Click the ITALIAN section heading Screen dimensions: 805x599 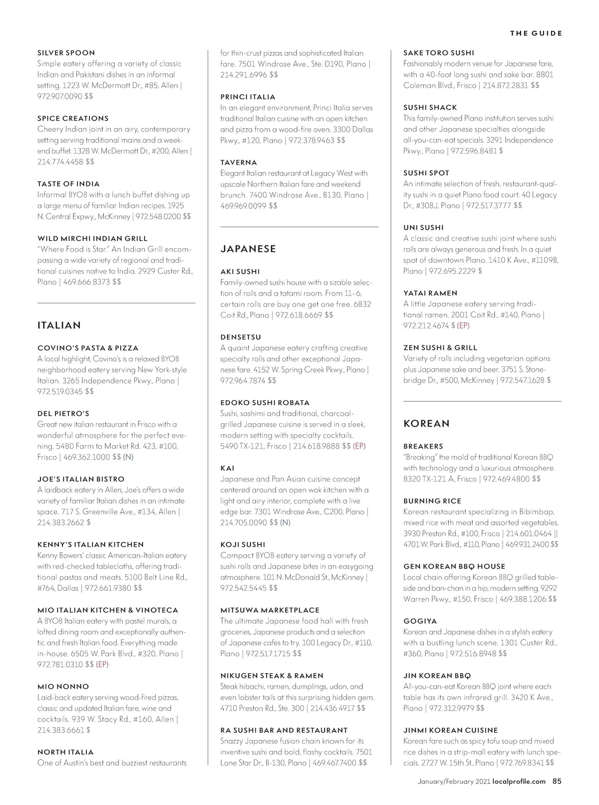point(59,325)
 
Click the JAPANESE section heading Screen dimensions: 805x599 point(248,249)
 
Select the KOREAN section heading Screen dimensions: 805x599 point(426,424)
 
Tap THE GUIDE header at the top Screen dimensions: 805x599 point(536,33)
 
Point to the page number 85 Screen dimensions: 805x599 point(557,782)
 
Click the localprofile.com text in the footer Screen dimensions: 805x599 point(519,782)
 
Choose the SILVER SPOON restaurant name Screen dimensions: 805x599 point(66,53)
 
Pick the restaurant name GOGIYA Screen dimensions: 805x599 point(420,621)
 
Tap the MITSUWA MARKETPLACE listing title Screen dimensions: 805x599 point(270,610)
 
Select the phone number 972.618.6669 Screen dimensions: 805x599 point(299,315)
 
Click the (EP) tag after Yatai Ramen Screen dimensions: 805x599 point(463,325)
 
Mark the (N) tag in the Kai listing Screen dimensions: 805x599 point(285,523)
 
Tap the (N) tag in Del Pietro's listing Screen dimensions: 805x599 point(128,457)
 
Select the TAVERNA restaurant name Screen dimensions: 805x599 point(239,162)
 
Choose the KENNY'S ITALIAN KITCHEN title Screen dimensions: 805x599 point(90,544)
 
